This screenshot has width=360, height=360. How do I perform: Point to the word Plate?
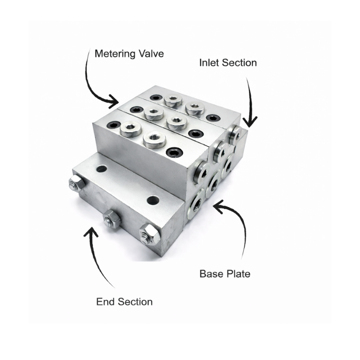tap(238, 274)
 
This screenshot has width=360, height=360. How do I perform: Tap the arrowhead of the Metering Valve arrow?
tap(114, 101)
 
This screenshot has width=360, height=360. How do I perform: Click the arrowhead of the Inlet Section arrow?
tap(250, 121)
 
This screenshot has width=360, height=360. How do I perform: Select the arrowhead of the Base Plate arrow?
tap(218, 206)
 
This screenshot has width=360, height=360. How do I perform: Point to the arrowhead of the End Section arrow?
tap(91, 232)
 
